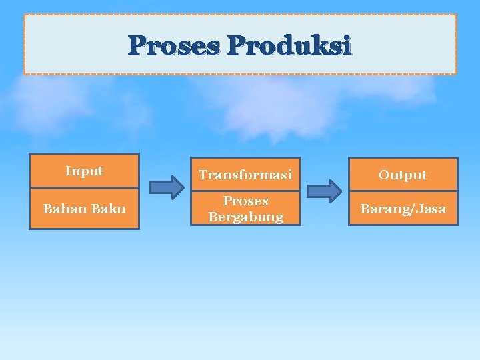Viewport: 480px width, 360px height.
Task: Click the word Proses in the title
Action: point(175,46)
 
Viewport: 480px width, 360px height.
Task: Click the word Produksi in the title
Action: point(289,46)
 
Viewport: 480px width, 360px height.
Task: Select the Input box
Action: point(84,171)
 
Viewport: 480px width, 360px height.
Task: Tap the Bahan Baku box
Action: point(84,209)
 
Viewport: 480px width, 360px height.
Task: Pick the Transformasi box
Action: point(245,175)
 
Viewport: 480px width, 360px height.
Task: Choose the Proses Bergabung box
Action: point(245,209)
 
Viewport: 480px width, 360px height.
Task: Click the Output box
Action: point(403,175)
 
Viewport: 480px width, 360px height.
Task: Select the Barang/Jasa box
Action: point(403,209)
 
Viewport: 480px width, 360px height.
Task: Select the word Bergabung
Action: point(245,217)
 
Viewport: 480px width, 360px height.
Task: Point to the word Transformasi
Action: point(245,175)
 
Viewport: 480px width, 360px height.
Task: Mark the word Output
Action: point(403,175)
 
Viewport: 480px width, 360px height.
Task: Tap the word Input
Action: point(84,171)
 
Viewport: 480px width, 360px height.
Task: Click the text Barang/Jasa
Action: point(403,209)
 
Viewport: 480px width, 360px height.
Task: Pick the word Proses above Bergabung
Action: point(245,201)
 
